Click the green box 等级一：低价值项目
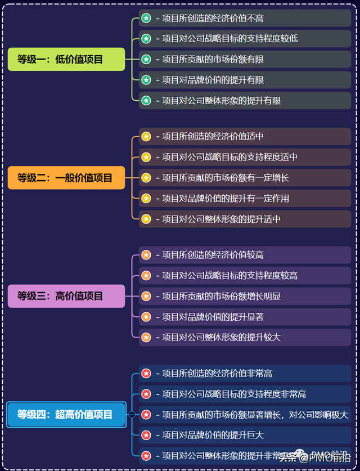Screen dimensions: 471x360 tap(66, 59)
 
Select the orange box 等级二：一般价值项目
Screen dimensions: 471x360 tap(66, 178)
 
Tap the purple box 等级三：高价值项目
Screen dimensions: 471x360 tap(66, 296)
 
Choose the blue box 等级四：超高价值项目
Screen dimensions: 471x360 tap(66, 415)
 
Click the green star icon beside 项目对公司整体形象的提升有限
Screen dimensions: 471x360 tap(146, 101)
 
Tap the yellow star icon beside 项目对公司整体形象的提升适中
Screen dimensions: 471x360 tap(146, 219)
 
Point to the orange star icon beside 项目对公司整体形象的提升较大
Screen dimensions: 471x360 tap(146, 337)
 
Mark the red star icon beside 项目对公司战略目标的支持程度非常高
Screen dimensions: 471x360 tap(146, 394)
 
